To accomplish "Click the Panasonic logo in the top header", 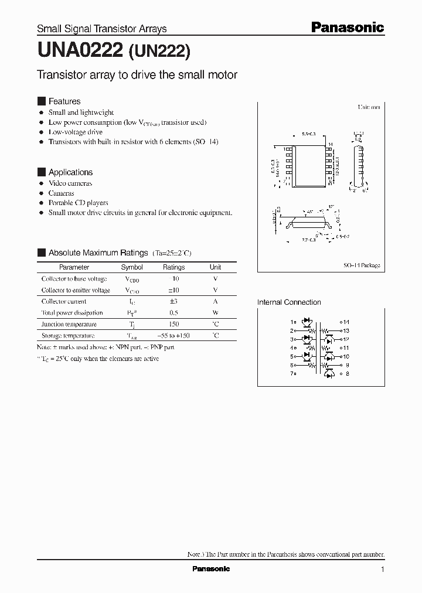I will point(346,27).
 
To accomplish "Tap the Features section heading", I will point(64,101).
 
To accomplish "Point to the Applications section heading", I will point(70,172).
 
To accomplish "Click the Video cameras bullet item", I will point(70,183).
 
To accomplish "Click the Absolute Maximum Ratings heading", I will point(98,253).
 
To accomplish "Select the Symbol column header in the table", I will point(131,267).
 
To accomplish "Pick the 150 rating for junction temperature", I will point(173,324).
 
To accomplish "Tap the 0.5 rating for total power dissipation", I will point(173,313).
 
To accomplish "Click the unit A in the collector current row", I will point(216,301).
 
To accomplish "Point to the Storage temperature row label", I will point(67,336).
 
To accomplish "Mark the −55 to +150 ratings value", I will point(173,336).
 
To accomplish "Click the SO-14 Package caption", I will point(362,265).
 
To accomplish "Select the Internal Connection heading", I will point(289,302).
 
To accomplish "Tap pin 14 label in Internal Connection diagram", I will point(346,322).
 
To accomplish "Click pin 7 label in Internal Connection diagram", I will point(292,373).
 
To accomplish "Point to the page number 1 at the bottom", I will point(382,570).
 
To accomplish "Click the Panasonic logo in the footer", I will point(211,569).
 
